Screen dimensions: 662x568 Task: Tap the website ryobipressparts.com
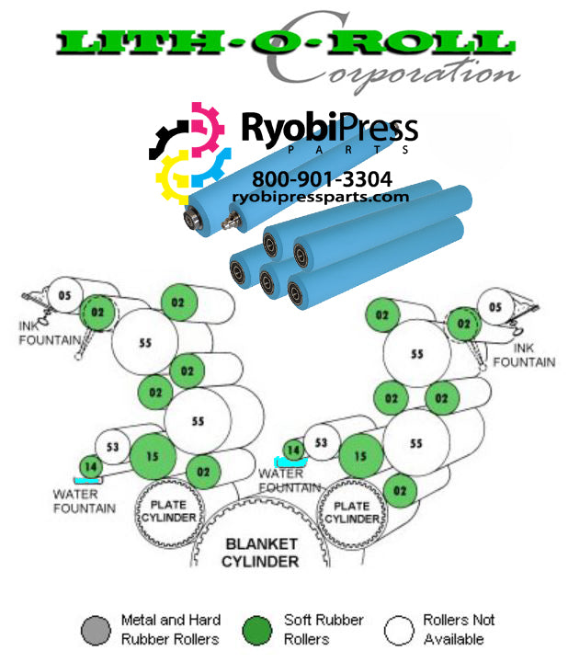coord(321,197)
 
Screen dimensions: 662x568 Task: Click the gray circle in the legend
coord(98,630)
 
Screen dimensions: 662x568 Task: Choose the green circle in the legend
coord(261,630)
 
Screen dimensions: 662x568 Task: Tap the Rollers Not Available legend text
coord(459,630)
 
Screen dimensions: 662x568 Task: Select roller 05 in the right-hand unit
coord(495,307)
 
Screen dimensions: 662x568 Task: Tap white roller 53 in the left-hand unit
coord(112,447)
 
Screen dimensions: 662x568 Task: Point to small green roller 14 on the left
coord(90,467)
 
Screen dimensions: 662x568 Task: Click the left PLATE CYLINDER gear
coord(167,511)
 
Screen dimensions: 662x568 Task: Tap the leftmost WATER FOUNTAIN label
coord(84,501)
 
